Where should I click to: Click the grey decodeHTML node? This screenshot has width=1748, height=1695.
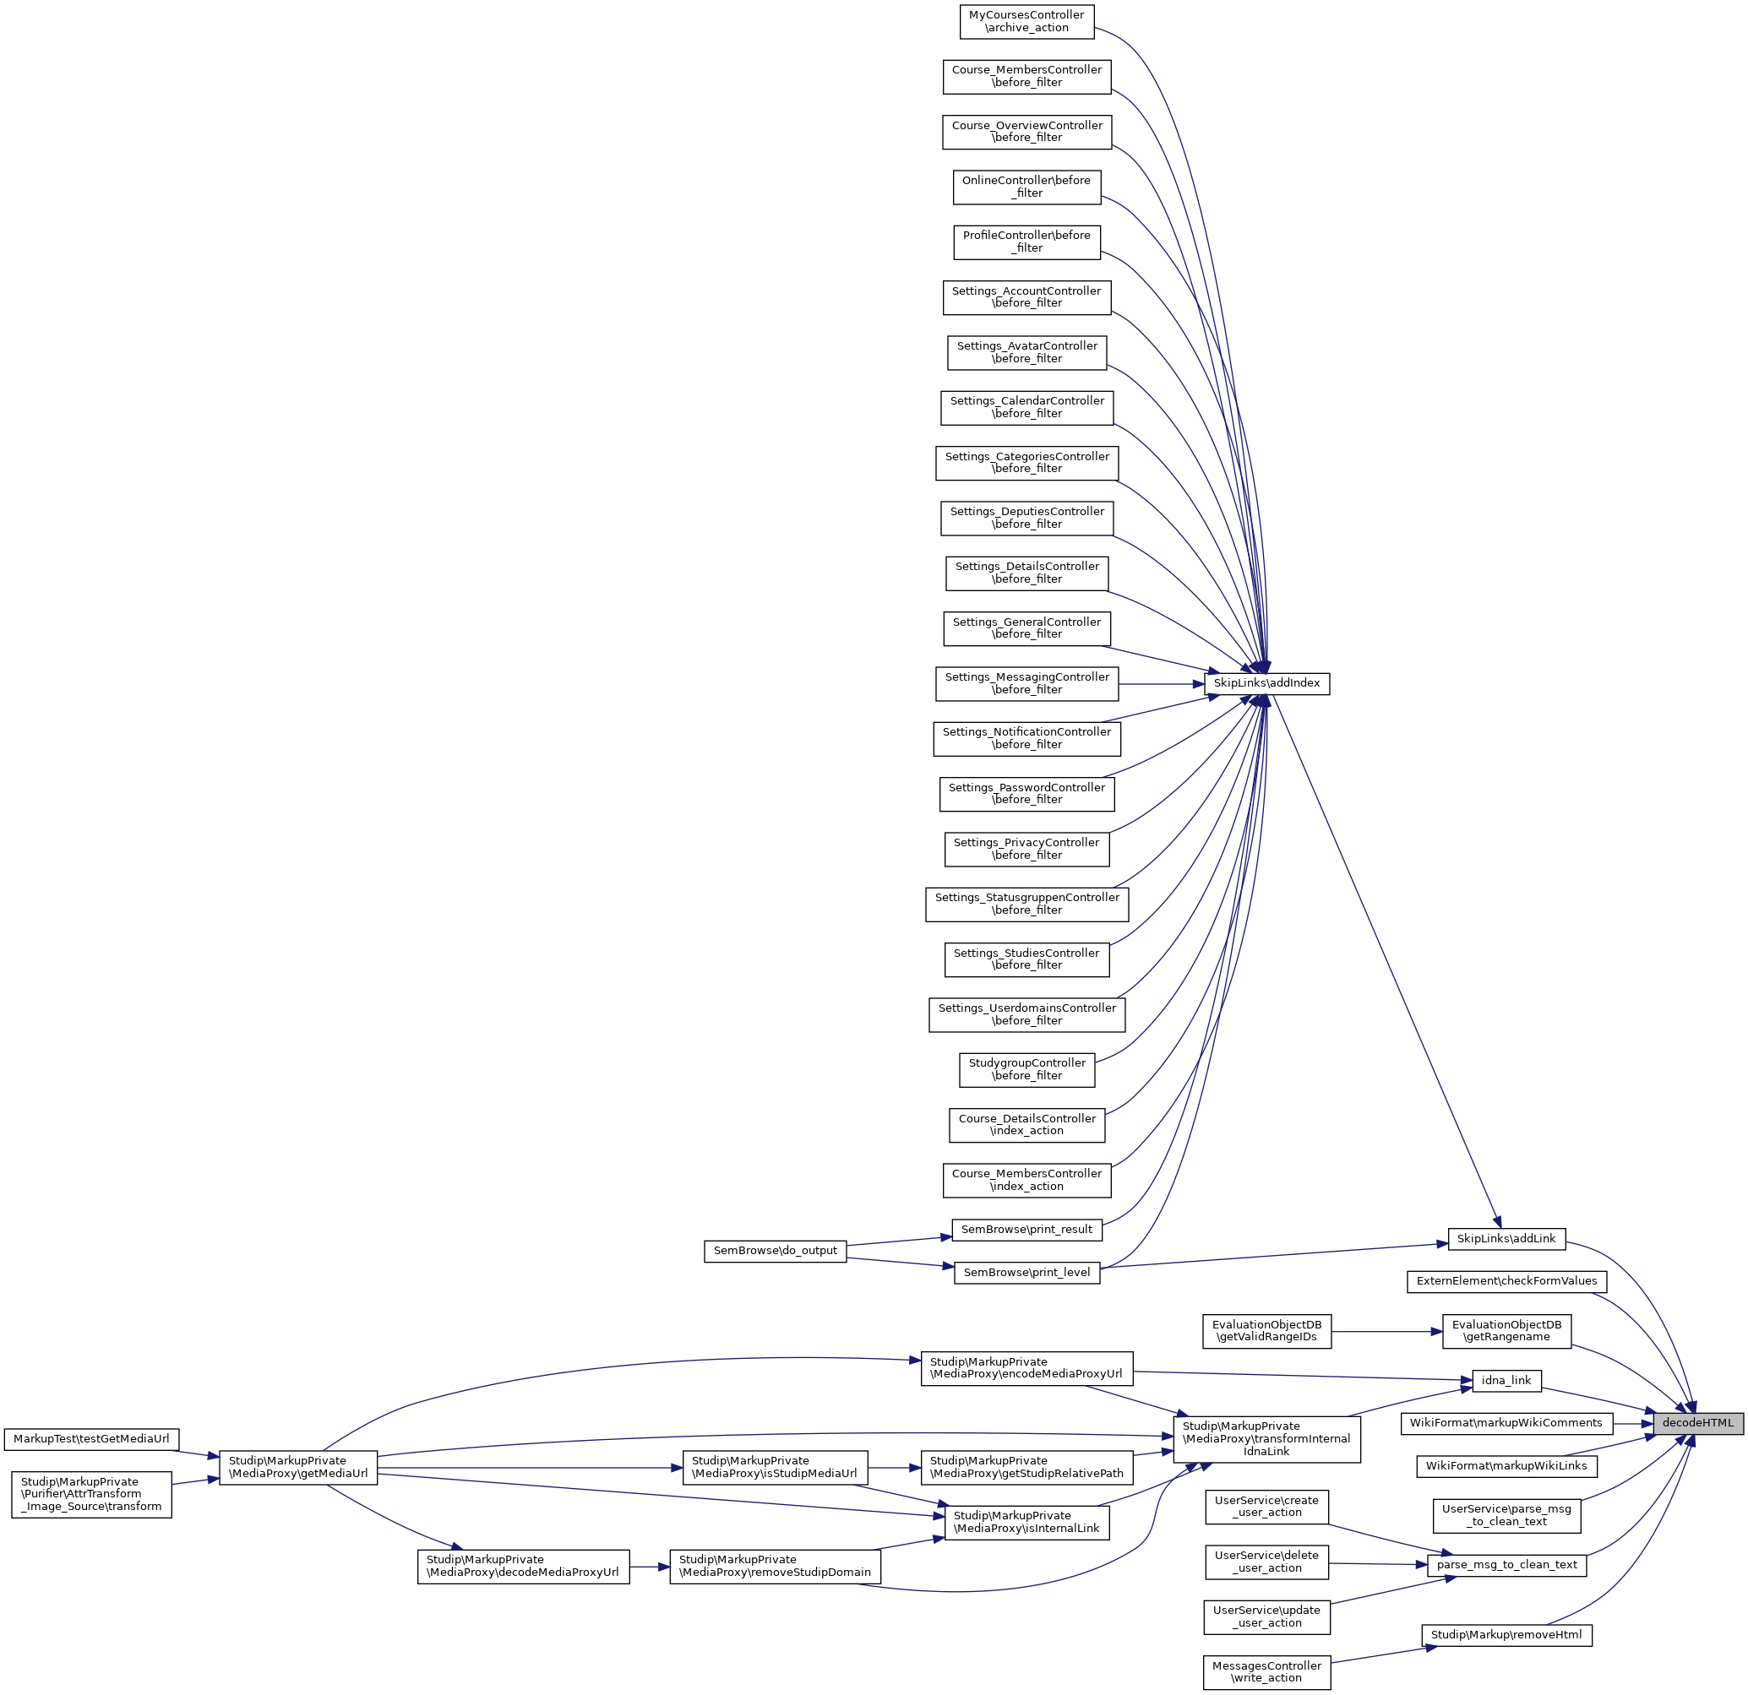(x=1697, y=1423)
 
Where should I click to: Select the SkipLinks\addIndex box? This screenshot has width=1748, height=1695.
(x=1266, y=684)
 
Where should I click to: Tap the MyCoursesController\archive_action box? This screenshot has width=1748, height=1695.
(x=1026, y=21)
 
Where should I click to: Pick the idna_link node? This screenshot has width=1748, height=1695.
(x=1506, y=1381)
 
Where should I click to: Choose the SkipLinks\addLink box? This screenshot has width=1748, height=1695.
(x=1506, y=1238)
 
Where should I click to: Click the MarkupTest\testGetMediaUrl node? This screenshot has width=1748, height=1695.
(x=91, y=1439)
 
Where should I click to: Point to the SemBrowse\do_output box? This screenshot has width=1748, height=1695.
(x=775, y=1251)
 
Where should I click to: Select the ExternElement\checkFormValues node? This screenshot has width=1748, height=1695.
(x=1506, y=1281)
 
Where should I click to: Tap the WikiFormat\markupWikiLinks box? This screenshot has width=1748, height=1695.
(x=1506, y=1466)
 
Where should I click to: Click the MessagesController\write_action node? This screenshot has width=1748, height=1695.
(x=1266, y=1672)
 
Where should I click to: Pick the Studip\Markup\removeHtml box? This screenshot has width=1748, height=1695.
(x=1506, y=1635)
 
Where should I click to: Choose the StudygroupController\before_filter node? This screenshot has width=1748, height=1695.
(x=1026, y=1069)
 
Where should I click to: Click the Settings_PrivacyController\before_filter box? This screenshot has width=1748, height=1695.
(x=1026, y=849)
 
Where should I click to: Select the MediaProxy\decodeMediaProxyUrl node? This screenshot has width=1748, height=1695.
(x=523, y=1566)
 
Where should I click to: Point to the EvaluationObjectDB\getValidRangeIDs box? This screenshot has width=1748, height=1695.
(x=1266, y=1331)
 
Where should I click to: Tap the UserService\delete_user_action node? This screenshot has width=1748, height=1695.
(x=1266, y=1562)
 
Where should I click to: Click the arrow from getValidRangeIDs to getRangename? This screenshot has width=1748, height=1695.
(x=1386, y=1331)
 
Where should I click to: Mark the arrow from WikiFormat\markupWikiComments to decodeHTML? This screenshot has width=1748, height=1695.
(x=1633, y=1424)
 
